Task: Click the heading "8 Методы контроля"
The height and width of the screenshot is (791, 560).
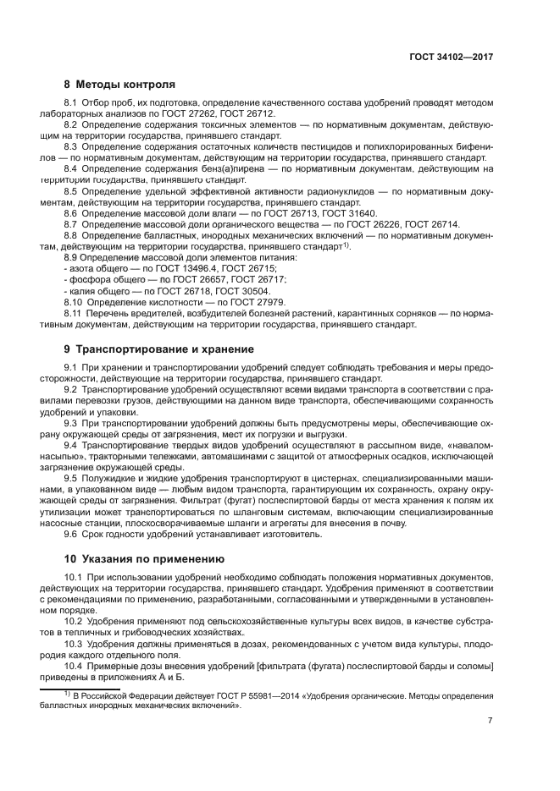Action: [119, 85]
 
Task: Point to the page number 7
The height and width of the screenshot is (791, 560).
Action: [490, 721]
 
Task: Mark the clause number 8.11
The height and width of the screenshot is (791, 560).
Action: [74, 313]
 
